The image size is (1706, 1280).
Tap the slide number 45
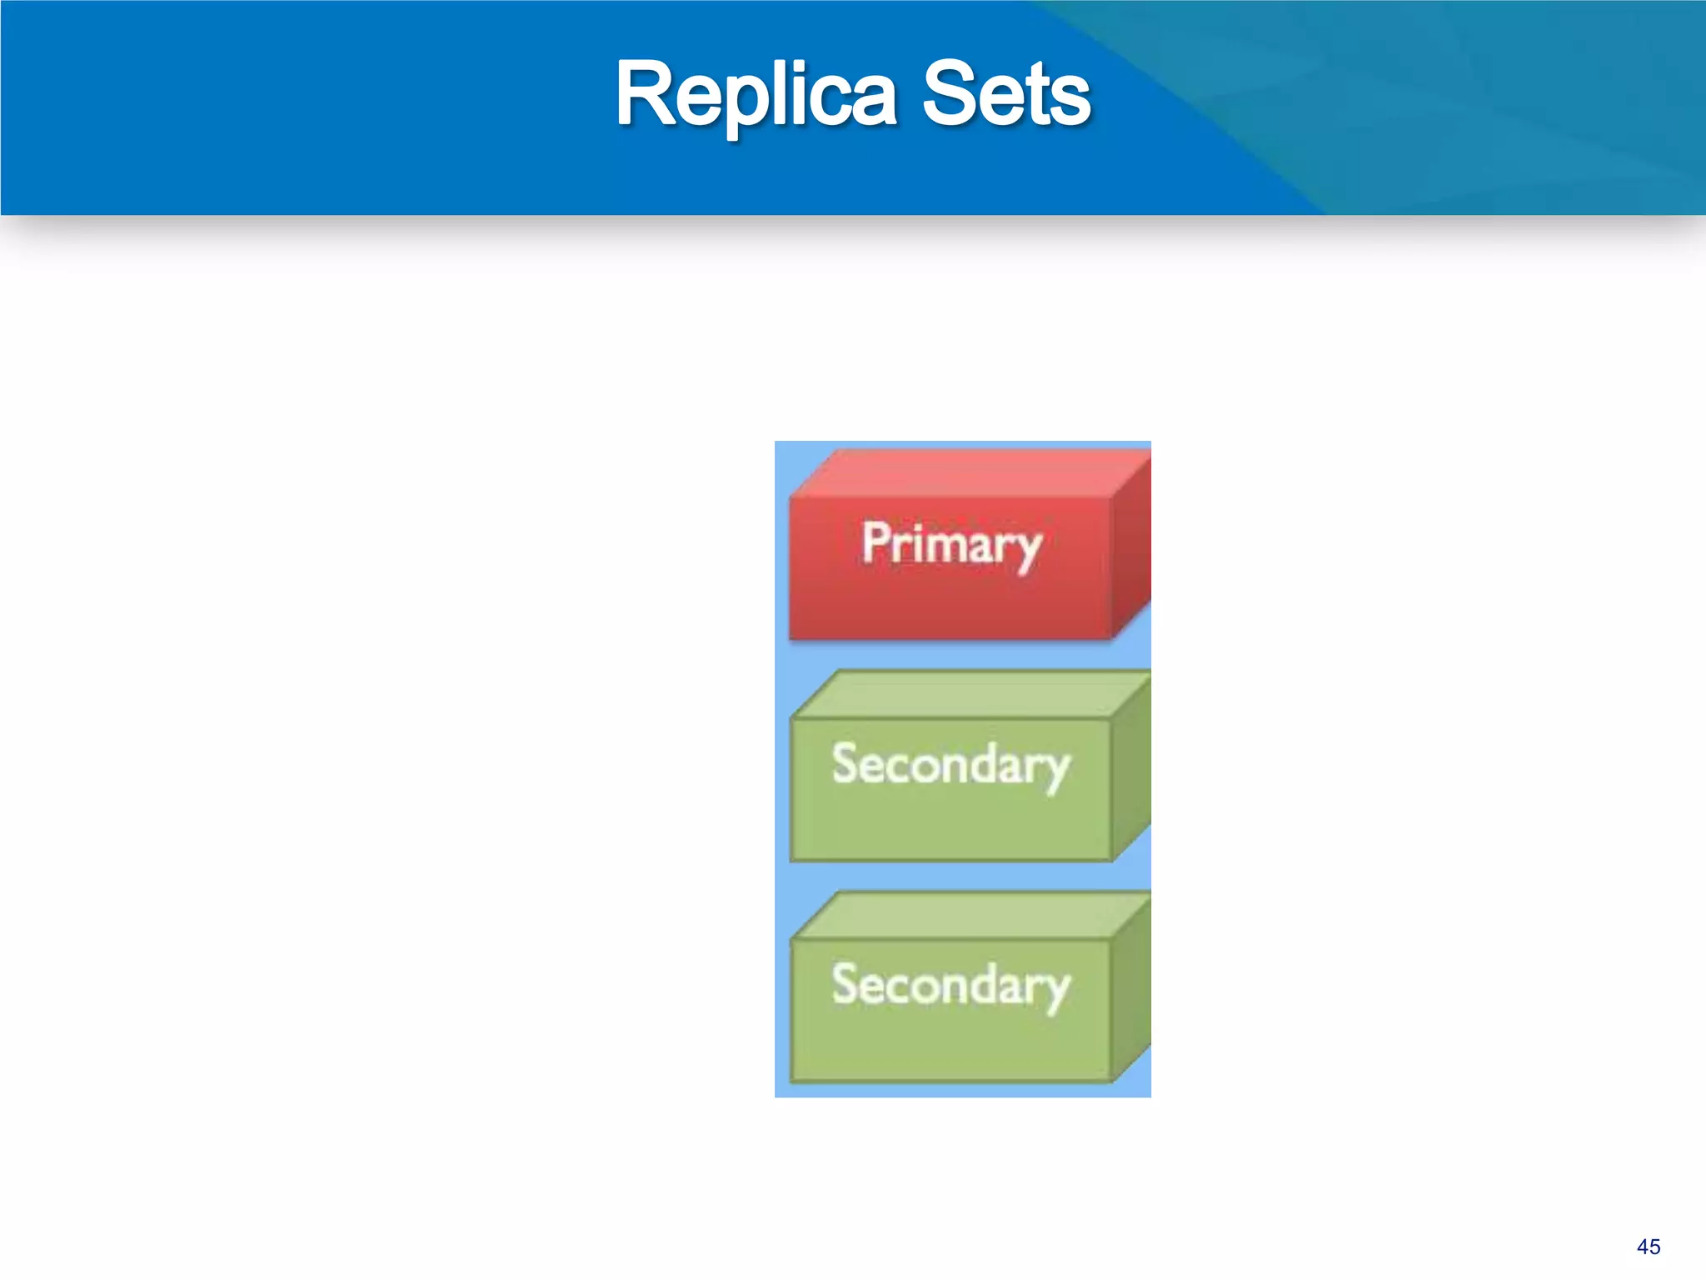click(x=1648, y=1247)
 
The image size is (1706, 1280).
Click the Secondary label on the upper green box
click(x=951, y=764)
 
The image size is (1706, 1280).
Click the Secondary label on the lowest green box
click(x=951, y=985)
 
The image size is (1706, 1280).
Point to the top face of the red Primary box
click(x=966, y=473)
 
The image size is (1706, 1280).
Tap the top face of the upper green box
click(x=966, y=694)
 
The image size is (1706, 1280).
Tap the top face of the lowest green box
click(x=966, y=915)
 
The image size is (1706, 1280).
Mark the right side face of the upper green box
click(x=1131, y=767)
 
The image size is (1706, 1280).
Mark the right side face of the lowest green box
click(x=1131, y=987)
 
